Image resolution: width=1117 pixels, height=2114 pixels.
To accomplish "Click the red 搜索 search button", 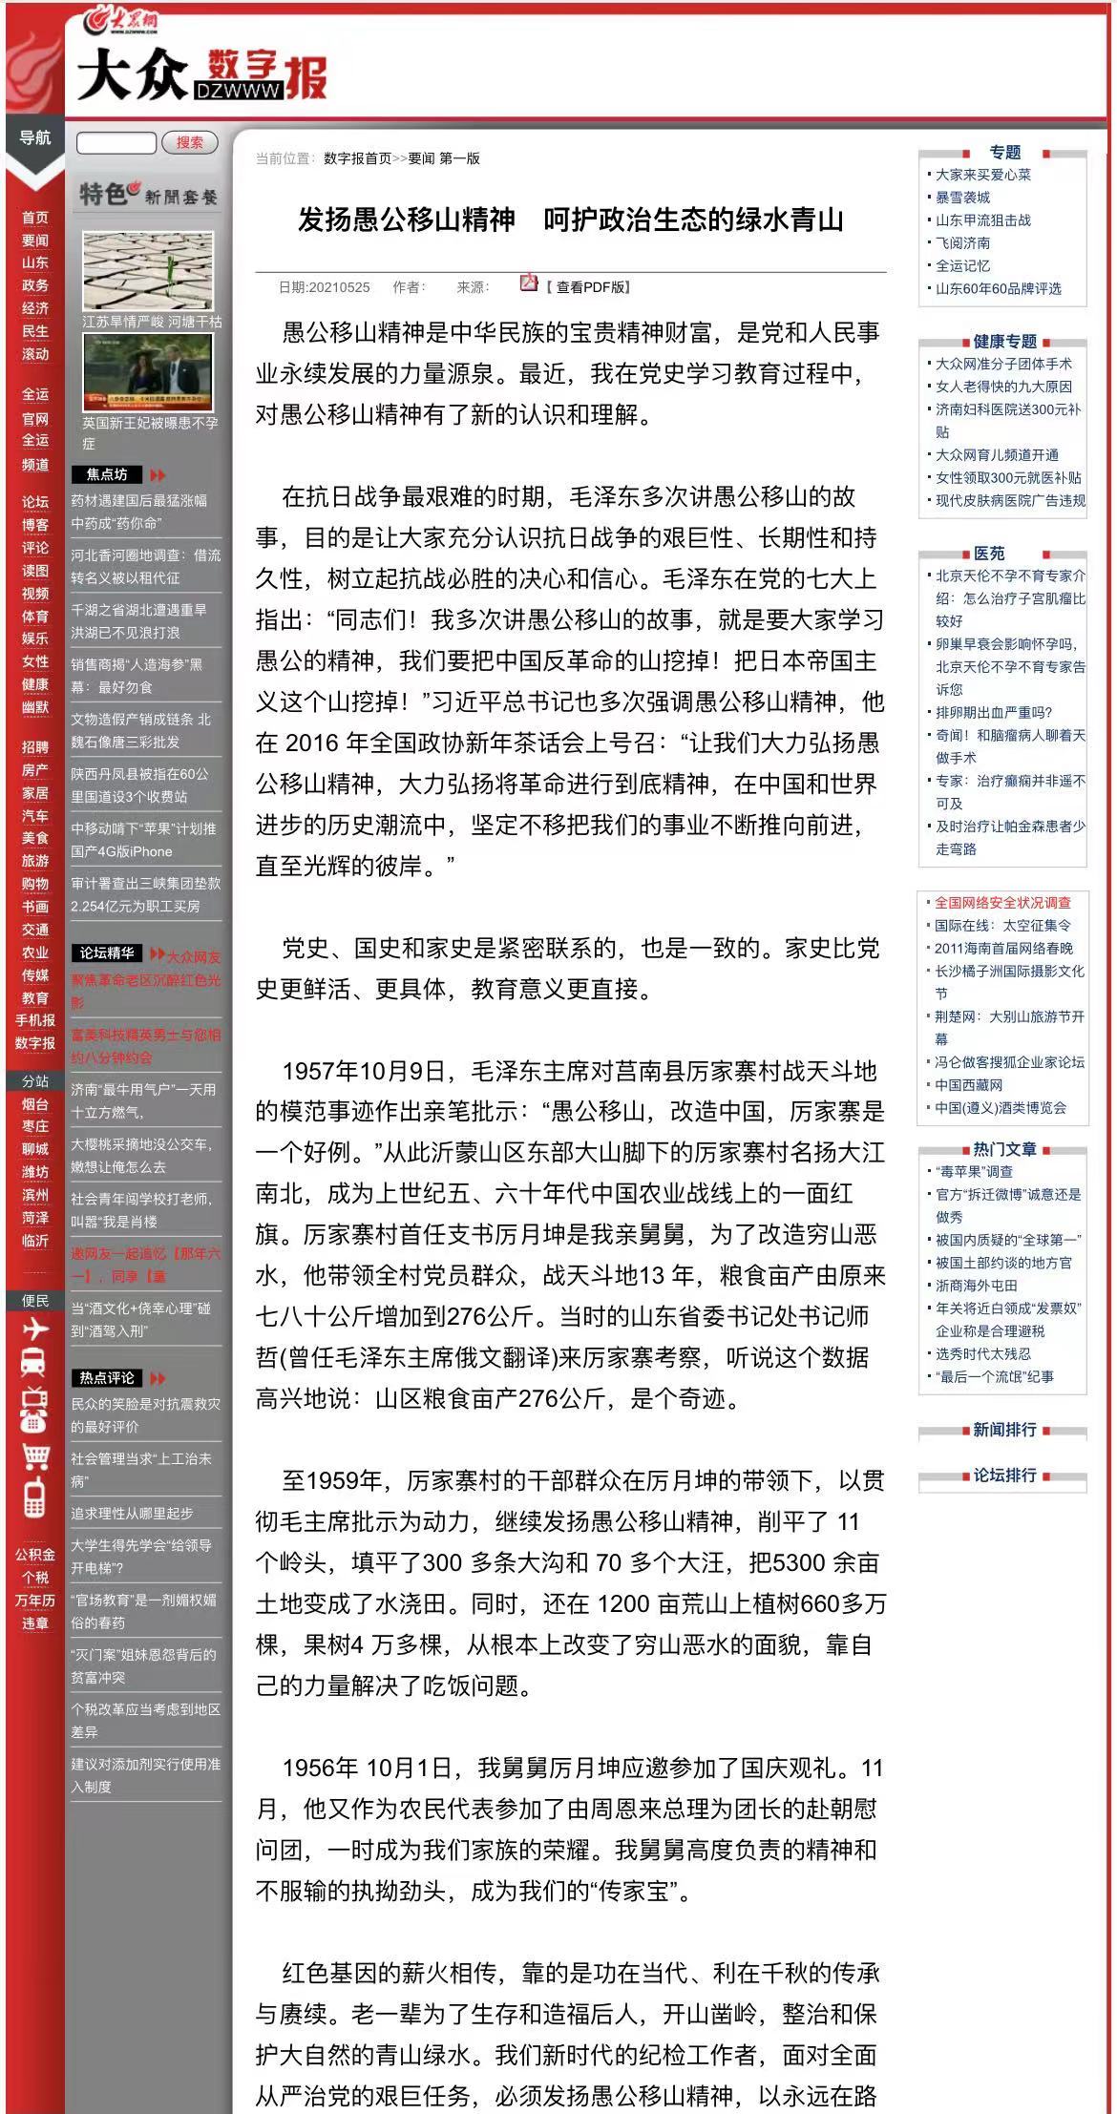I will [189, 142].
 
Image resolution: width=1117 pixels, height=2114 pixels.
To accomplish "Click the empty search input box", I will [116, 143].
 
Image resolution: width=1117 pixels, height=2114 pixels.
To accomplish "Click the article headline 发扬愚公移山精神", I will [570, 220].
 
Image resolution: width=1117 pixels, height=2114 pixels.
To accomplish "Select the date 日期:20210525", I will [324, 287].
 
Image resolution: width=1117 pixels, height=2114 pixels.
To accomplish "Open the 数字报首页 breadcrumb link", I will [357, 158].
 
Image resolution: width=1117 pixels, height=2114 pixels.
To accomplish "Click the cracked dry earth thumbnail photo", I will [147, 270].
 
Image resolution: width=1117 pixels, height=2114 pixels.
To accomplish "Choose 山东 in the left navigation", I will [35, 262].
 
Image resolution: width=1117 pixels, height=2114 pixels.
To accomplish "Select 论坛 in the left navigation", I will [35, 502].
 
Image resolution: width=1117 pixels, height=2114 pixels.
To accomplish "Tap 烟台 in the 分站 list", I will [35, 1104].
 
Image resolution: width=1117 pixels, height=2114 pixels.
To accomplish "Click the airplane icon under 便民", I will [34, 1329].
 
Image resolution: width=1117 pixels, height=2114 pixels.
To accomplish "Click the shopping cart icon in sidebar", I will [34, 1455].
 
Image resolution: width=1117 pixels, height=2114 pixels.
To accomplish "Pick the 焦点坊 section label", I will [106, 474].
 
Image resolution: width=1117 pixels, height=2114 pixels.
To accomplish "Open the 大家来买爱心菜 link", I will [982, 175].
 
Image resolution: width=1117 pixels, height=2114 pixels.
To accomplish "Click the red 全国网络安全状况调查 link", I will [1002, 902].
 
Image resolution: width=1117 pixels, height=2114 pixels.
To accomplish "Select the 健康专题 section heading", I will [1004, 341].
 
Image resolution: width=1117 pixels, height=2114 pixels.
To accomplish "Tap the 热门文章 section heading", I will [1004, 1149].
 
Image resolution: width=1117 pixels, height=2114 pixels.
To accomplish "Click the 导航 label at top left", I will [35, 137].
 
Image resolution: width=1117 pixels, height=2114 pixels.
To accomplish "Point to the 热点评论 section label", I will [106, 1377].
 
